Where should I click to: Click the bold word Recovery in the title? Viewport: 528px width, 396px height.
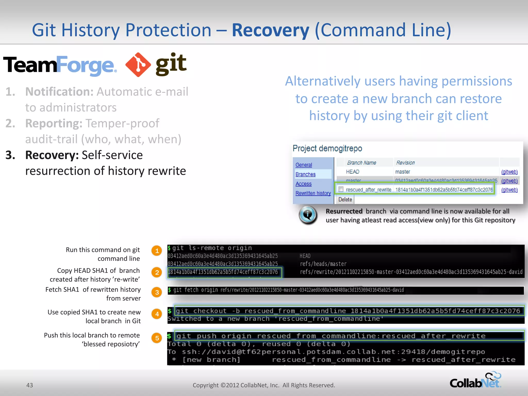click(x=270, y=30)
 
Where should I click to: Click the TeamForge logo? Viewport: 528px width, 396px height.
click(x=60, y=65)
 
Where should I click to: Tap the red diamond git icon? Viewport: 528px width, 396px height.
click(x=138, y=65)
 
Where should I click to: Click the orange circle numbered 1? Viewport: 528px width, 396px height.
click(x=157, y=251)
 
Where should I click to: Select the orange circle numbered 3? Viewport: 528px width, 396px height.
click(x=157, y=292)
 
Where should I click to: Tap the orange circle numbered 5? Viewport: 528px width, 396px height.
click(x=157, y=338)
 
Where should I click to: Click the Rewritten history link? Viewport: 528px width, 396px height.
click(x=313, y=193)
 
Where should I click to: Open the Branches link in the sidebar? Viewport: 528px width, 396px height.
click(x=305, y=174)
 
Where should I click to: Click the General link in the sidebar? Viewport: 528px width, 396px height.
click(x=303, y=165)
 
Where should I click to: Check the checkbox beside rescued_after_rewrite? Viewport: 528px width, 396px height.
click(x=341, y=189)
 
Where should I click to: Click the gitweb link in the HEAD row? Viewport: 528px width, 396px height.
click(x=509, y=172)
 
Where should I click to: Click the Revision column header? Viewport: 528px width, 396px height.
click(x=405, y=163)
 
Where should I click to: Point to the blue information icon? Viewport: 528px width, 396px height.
click(x=308, y=214)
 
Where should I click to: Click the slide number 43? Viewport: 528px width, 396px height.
click(x=30, y=385)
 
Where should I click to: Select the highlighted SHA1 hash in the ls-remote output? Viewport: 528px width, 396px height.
click(x=223, y=272)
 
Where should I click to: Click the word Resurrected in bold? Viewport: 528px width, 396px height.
click(x=344, y=211)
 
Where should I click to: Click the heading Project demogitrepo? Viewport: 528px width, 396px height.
click(x=327, y=148)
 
